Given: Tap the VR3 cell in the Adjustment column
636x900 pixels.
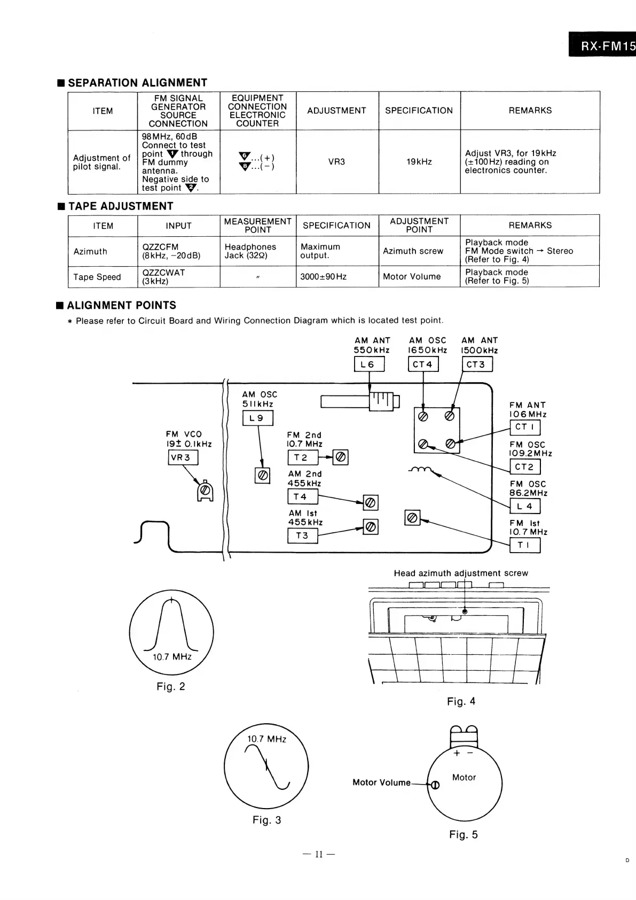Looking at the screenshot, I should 336,161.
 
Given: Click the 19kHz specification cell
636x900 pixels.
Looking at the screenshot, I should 419,161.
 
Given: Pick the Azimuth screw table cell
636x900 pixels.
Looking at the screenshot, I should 413,251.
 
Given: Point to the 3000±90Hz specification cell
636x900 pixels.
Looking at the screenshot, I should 324,277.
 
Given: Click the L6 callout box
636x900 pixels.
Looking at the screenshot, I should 369,364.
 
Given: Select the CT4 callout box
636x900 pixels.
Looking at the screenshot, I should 423,364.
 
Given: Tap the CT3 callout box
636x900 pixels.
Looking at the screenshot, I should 476,364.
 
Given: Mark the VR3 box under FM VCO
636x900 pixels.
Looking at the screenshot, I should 183,457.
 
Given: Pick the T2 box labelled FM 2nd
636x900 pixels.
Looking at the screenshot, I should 302,457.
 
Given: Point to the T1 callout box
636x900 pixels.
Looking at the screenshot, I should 525,545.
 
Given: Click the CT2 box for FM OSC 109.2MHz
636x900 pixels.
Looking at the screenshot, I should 525,467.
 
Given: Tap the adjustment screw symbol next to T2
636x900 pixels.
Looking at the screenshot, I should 341,457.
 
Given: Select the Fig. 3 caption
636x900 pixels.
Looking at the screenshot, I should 266,820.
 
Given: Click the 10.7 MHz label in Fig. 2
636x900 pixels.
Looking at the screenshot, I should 172,656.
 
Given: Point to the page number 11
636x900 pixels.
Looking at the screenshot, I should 318,854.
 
